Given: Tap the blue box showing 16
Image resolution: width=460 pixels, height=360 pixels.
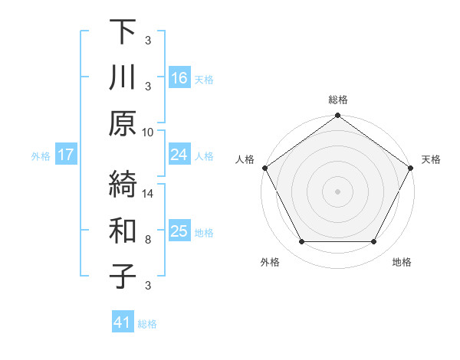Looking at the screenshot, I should pyautogui.click(x=179, y=77).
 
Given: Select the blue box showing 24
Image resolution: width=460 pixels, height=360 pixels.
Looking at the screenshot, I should pyautogui.click(x=179, y=155).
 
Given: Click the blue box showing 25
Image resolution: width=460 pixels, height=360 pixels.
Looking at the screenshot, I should pyautogui.click(x=179, y=232).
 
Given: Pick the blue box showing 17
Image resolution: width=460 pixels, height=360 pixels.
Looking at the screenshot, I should pyautogui.click(x=65, y=155).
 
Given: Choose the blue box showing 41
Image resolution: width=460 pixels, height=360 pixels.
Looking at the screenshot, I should pyautogui.click(x=123, y=323).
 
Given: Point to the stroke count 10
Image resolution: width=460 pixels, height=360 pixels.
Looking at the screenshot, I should pyautogui.click(x=148, y=132).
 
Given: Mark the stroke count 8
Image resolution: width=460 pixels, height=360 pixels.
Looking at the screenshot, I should pyautogui.click(x=148, y=240).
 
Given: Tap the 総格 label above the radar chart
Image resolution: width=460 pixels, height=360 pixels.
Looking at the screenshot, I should pyautogui.click(x=337, y=100).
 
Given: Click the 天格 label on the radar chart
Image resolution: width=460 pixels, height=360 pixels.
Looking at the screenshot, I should pyautogui.click(x=431, y=159).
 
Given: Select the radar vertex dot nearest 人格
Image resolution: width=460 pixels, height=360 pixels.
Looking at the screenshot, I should pyautogui.click(x=264, y=168).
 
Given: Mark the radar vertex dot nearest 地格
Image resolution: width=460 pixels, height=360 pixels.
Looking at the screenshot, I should pyautogui.click(x=374, y=242).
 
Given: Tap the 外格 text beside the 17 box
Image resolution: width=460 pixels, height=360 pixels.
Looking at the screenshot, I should pyautogui.click(x=41, y=156).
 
